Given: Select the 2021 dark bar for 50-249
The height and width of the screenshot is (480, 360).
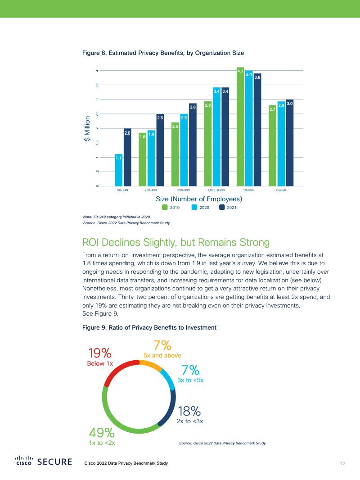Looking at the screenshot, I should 127,157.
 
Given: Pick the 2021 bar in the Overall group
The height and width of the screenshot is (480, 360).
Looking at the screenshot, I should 290,143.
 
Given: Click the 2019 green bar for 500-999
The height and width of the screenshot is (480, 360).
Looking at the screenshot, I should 175,154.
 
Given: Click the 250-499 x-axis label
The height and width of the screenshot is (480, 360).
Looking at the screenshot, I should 151,191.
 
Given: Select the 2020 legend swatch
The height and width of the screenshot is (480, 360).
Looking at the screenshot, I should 195,208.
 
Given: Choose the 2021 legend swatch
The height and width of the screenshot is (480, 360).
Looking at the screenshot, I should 222,208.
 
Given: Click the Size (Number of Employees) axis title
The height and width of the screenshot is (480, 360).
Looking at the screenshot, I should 199,199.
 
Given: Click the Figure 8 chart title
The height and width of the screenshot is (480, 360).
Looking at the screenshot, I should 163,53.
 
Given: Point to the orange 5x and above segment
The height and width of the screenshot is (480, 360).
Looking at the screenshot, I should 151,363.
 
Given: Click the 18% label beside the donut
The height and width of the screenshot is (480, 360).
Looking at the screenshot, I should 189,411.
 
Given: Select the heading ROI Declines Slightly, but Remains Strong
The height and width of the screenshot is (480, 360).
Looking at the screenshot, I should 176,243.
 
